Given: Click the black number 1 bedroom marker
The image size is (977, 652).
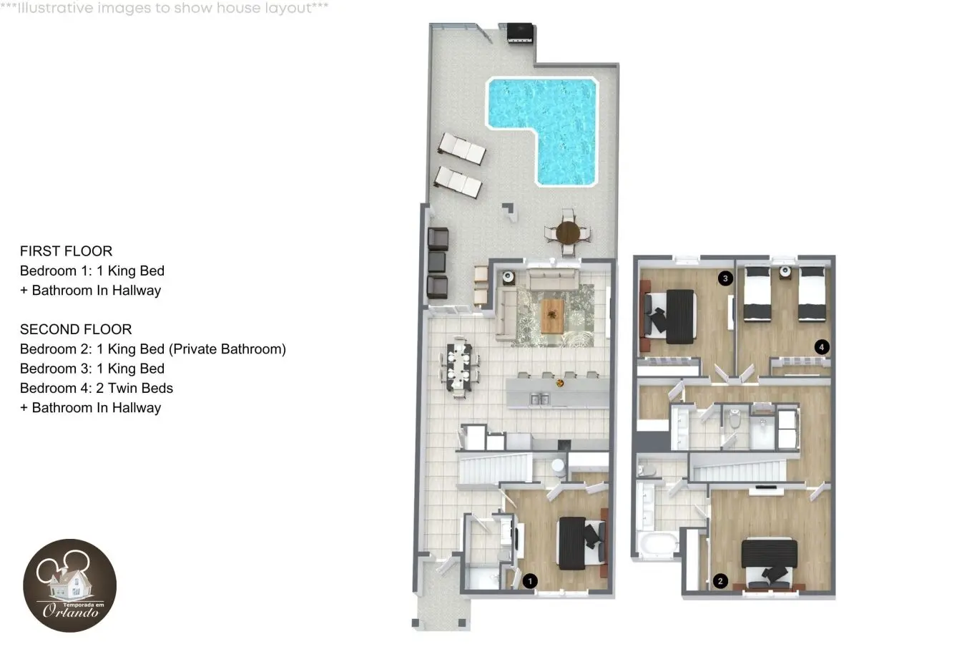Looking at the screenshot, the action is point(530,581).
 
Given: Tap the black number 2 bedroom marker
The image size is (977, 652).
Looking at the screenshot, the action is point(720,581).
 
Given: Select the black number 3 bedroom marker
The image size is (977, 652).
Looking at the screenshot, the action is point(725,278).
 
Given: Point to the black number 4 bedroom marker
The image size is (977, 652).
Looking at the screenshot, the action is point(822,347).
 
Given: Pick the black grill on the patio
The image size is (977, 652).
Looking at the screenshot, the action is point(520,33).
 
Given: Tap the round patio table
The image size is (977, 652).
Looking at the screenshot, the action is point(568,233).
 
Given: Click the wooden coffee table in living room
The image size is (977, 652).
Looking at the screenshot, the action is point(552,316).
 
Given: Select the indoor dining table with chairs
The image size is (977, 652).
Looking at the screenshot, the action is point(459,366).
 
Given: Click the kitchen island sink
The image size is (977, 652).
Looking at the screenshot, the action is point(540,399).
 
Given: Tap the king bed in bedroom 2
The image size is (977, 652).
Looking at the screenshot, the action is point(770,564).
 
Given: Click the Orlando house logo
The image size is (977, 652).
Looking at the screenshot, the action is point(70,585).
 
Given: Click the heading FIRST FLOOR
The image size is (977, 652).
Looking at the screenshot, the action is point(67,251).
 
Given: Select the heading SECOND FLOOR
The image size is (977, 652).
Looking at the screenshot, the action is point(76,329).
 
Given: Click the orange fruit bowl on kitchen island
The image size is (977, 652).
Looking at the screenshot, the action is point(560,383).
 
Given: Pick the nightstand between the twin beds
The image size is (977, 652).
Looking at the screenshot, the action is point(785,273).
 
